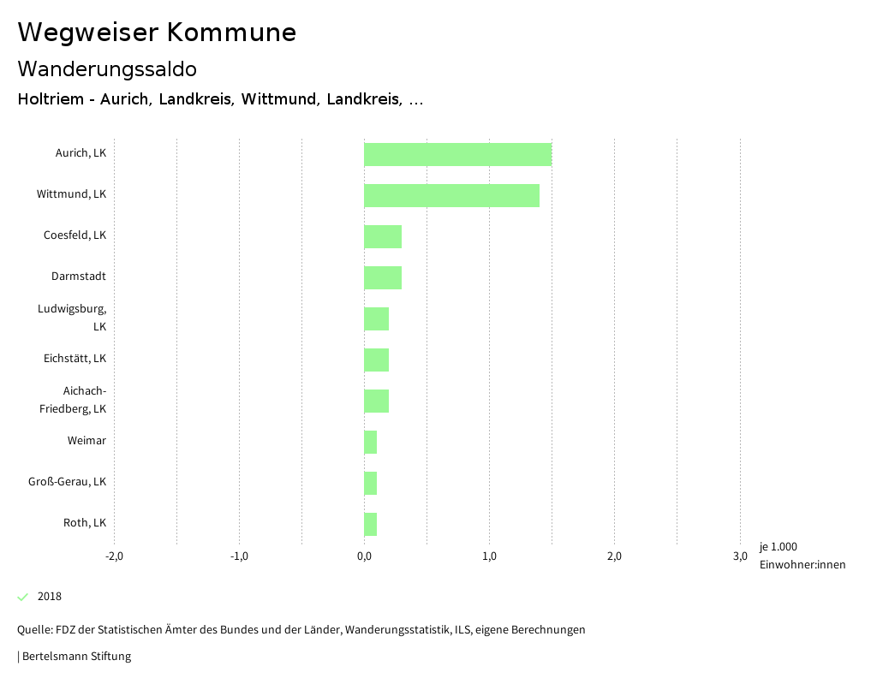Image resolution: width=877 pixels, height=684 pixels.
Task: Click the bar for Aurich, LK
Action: tap(457, 154)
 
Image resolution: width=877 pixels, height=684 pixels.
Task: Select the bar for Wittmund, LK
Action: tap(451, 195)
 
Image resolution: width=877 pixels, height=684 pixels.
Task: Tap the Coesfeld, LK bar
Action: tap(383, 236)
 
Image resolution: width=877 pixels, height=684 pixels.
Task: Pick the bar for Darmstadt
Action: tap(383, 277)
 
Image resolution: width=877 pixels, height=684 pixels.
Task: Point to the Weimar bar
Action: tap(370, 442)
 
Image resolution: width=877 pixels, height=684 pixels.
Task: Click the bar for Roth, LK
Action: tap(370, 524)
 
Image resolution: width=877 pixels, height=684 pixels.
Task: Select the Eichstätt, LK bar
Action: tap(376, 360)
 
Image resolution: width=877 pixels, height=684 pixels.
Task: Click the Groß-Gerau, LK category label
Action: tap(67, 482)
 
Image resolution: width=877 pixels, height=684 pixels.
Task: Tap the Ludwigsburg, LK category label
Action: tap(72, 318)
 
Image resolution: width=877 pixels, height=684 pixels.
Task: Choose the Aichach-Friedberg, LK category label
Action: tap(73, 400)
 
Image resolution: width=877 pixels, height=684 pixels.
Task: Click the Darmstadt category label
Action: tap(79, 277)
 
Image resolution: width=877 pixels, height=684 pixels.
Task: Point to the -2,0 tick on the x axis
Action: tap(114, 556)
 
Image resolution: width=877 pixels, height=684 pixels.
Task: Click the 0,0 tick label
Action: tap(364, 556)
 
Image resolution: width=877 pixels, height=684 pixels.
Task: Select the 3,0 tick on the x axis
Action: tap(739, 556)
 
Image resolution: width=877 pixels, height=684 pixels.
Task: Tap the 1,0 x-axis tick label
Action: tap(489, 556)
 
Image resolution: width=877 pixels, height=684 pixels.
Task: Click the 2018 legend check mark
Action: tap(23, 597)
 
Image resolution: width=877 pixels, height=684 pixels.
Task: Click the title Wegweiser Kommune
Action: tap(157, 33)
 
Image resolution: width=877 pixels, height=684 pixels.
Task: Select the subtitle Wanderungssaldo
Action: tap(107, 68)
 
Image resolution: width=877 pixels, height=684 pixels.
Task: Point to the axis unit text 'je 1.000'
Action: tap(778, 547)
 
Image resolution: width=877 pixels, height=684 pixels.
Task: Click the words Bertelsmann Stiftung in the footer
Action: tap(76, 657)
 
